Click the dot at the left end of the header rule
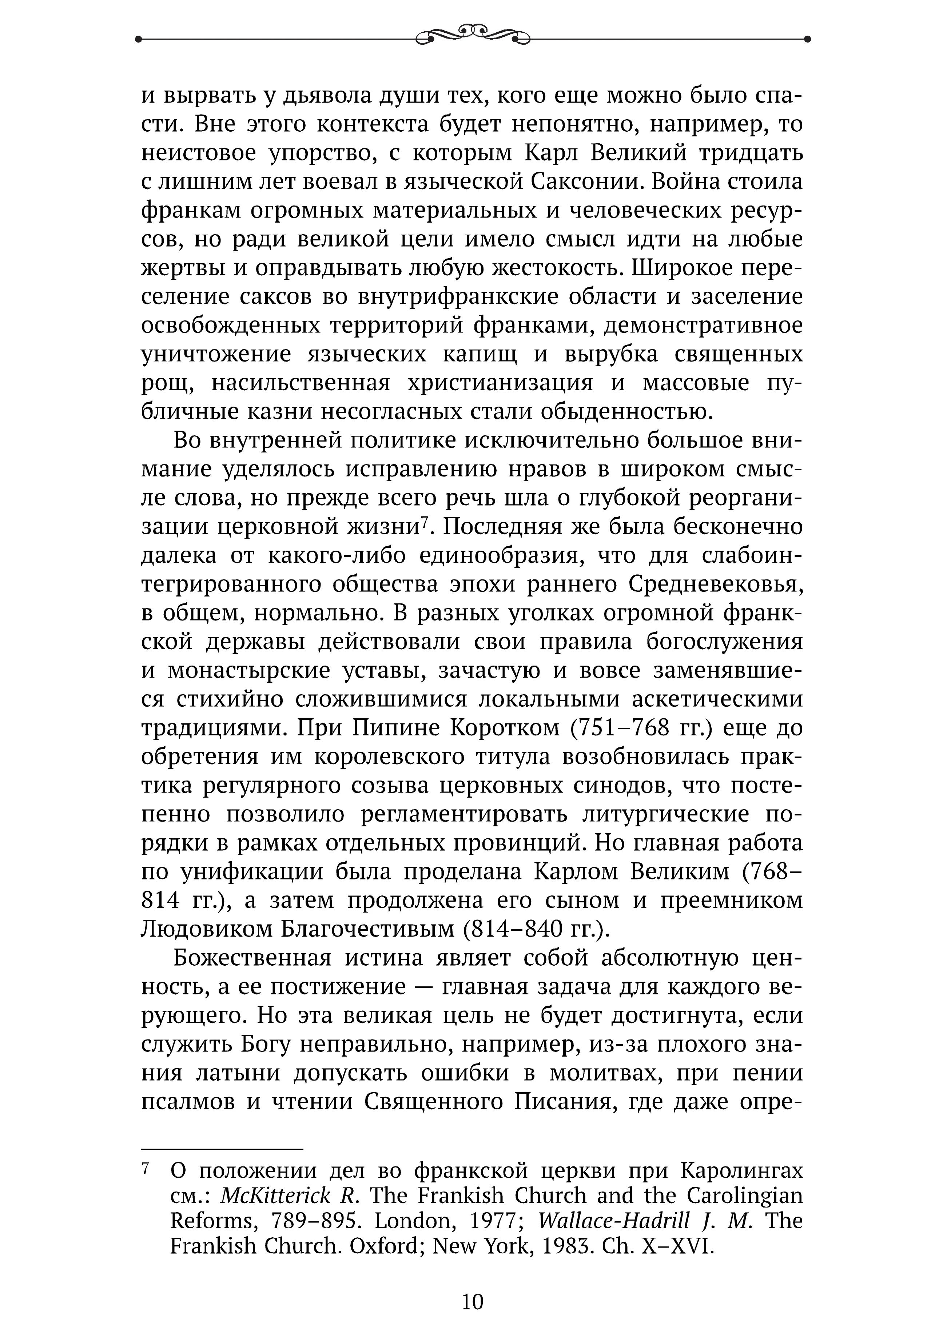tap(138, 40)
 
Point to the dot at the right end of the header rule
tap(808, 40)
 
